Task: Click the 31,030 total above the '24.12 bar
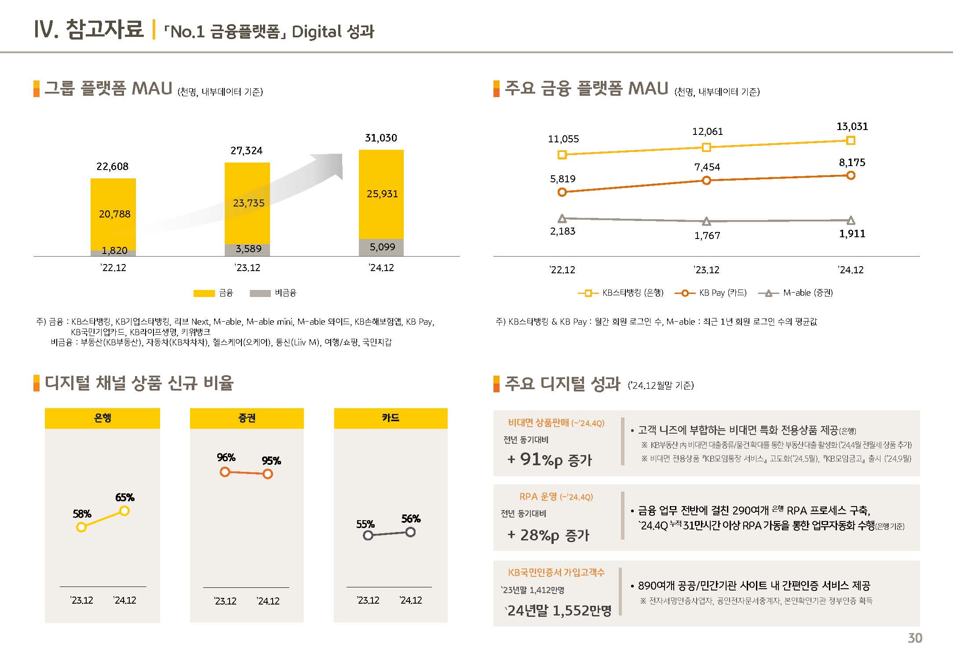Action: (381, 138)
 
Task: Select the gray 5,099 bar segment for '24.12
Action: (381, 247)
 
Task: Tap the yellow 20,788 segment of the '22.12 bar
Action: (113, 214)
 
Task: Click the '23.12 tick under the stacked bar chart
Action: (247, 268)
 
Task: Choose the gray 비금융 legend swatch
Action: (260, 293)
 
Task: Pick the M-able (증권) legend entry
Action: (796, 293)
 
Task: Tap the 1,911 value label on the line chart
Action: (852, 234)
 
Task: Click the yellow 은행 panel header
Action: (102, 418)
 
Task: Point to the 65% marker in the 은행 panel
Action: (124, 511)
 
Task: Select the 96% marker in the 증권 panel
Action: (225, 472)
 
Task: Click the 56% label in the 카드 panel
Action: (411, 519)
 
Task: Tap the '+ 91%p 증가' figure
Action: (550, 460)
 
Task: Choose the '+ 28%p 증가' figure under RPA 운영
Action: (548, 535)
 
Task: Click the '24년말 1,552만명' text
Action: (559, 610)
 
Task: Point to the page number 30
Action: (915, 638)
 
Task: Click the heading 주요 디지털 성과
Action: (562, 384)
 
